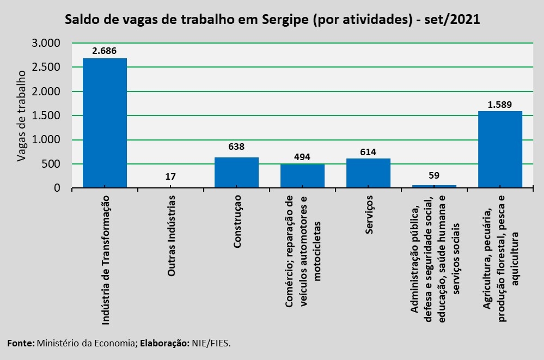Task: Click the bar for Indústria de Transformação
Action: (105, 123)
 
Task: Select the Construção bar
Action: (237, 173)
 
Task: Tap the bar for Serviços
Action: (369, 173)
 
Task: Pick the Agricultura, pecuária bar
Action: (500, 149)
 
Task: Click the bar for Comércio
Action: (303, 176)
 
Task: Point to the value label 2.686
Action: (105, 51)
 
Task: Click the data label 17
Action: (170, 176)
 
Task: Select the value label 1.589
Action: (500, 105)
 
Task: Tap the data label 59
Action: (434, 175)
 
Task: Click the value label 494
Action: (302, 157)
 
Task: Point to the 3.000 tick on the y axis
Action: (46, 43)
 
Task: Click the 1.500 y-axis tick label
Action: (46, 115)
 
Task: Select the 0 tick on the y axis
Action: (57, 188)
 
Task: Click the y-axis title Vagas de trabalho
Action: (22, 116)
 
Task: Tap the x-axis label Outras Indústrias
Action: (171, 236)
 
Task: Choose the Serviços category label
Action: (369, 215)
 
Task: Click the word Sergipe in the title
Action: (285, 20)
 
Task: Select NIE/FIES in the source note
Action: (211, 343)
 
